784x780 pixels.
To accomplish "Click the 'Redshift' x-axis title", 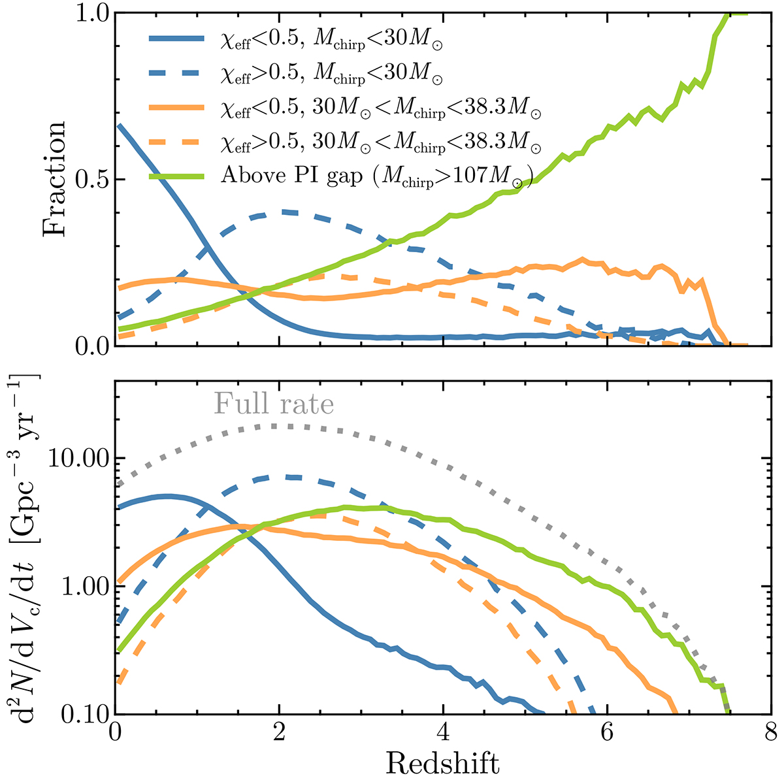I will click(x=442, y=762).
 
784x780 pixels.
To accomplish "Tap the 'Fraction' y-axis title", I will click(x=55, y=179).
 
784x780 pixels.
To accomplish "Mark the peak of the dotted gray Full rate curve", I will click(x=274, y=426).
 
